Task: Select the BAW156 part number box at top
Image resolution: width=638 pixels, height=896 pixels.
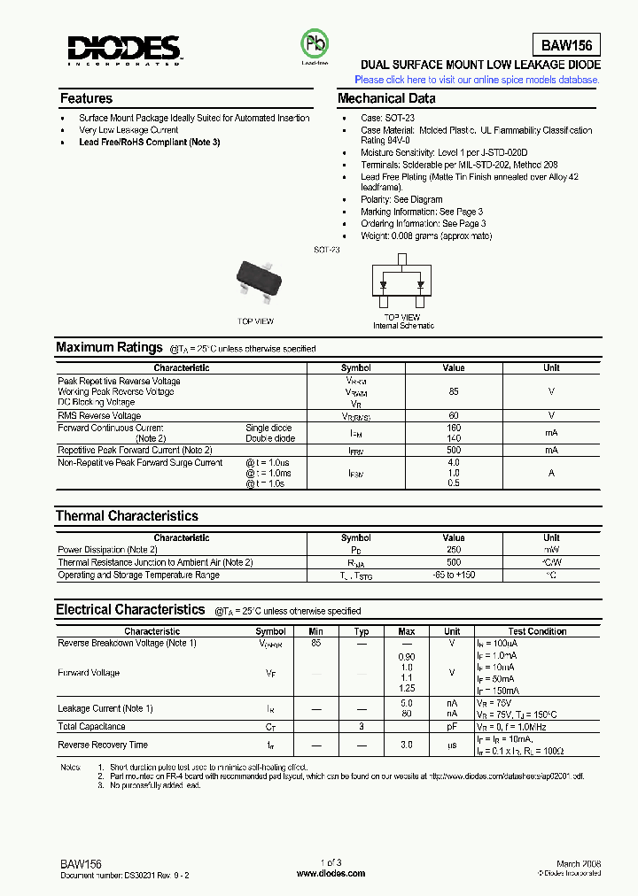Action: click(x=565, y=46)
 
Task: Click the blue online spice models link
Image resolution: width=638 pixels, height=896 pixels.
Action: click(x=477, y=80)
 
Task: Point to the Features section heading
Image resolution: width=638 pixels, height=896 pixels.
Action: click(x=86, y=98)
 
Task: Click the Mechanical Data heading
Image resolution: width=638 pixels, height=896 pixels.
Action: click(x=386, y=98)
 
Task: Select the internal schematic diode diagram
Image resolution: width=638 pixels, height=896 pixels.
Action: click(x=402, y=282)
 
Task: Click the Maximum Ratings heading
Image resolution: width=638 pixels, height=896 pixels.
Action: click(x=109, y=347)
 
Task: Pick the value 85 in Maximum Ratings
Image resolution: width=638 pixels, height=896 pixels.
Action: click(x=454, y=391)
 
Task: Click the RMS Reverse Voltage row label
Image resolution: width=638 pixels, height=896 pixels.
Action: click(x=99, y=415)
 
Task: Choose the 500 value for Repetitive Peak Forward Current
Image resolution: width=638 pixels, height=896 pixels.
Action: click(x=454, y=450)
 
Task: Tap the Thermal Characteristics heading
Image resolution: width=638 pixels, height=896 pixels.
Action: click(x=127, y=515)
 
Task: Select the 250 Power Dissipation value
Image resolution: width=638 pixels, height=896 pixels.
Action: click(x=454, y=550)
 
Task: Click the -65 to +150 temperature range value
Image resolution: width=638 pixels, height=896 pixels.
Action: click(x=454, y=575)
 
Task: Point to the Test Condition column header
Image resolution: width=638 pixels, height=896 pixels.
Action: click(x=537, y=631)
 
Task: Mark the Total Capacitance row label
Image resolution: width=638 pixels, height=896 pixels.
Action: click(x=91, y=726)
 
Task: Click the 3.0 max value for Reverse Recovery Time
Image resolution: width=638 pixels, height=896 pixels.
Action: click(x=406, y=745)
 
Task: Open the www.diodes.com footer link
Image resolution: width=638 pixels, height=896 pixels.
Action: click(x=331, y=873)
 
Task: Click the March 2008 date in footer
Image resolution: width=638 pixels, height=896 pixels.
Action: click(x=579, y=863)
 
